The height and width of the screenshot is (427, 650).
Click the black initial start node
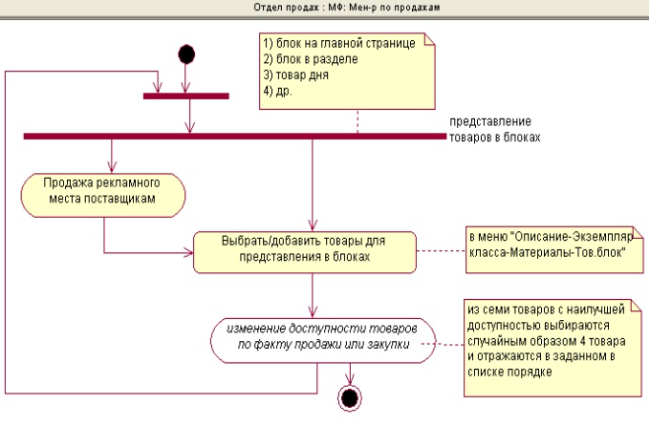[x=187, y=53]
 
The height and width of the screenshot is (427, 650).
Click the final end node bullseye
[x=351, y=397]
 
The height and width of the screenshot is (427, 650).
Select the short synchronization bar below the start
[x=186, y=96]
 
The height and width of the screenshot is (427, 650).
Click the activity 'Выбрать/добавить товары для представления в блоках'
[x=304, y=249]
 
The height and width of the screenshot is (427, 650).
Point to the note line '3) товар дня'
[x=295, y=75]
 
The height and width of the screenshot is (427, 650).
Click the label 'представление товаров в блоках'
[x=493, y=130]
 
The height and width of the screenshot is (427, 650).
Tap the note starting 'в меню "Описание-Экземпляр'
[x=545, y=244]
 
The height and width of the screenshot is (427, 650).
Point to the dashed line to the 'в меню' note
[x=440, y=251]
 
